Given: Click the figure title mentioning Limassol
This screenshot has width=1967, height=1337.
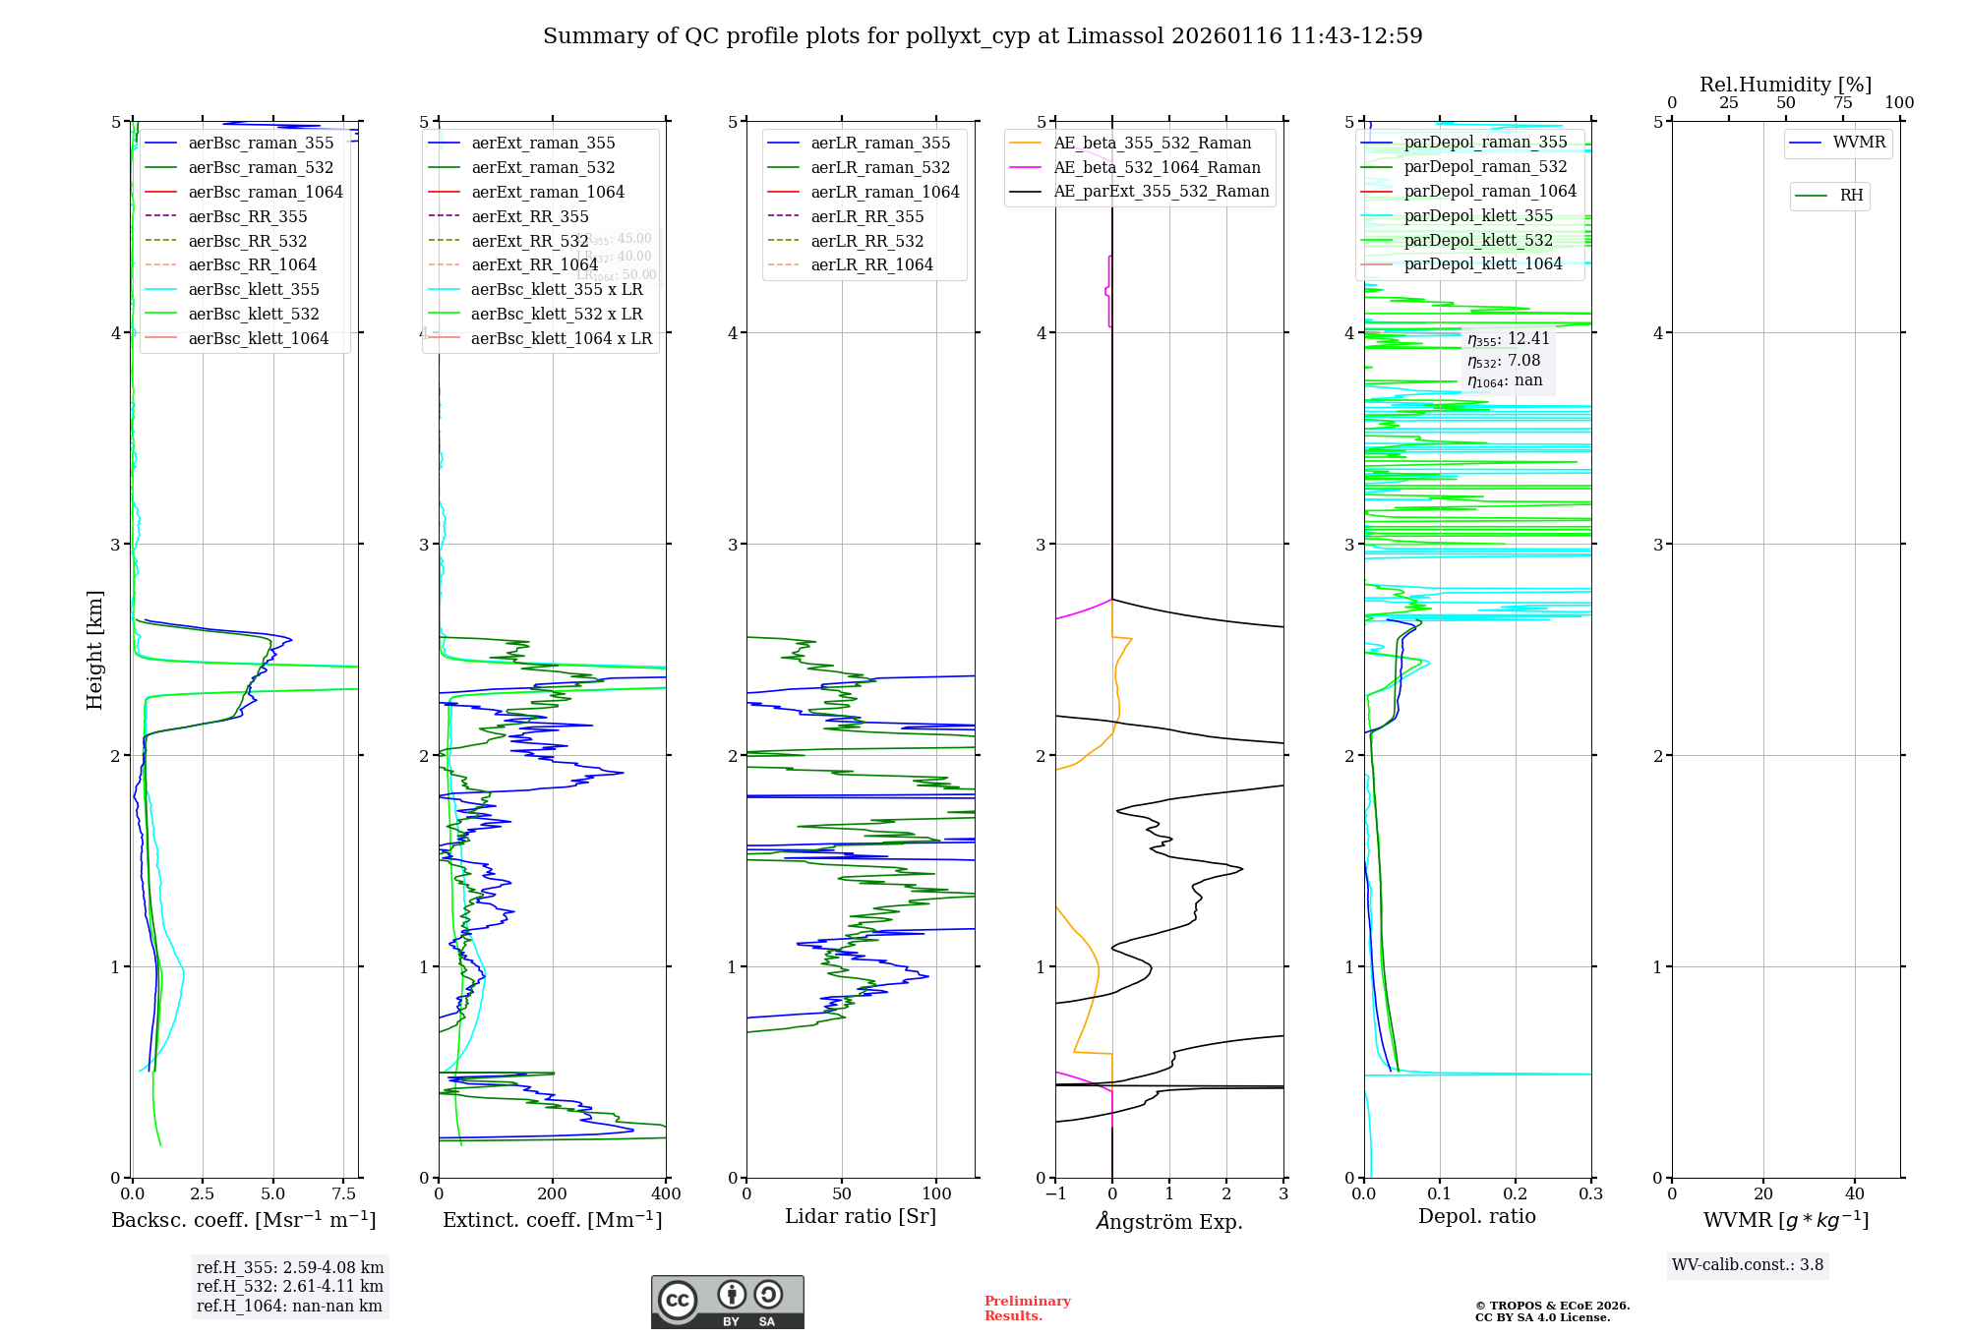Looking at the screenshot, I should point(983,36).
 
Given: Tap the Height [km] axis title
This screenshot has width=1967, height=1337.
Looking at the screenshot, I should point(94,649).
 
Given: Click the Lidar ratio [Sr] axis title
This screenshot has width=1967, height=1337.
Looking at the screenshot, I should point(861,1217).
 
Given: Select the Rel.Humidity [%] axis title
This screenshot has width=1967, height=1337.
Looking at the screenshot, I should point(1785,85).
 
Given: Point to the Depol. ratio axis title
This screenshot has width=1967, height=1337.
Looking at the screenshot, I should point(1476,1217).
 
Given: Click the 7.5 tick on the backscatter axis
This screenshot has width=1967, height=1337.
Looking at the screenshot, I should point(344,1194).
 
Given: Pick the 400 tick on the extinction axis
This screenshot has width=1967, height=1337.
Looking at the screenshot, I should point(666,1194).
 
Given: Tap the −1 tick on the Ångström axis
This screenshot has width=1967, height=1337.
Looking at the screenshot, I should point(1055,1194).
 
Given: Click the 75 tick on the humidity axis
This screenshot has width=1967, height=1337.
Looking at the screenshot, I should point(1842,103).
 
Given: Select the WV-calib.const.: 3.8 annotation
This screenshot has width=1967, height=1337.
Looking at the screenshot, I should point(1747,1265).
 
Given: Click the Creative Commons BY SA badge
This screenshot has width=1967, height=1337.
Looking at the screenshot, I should point(727,1303).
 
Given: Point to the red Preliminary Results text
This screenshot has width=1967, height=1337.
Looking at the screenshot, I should point(1027,1308).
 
